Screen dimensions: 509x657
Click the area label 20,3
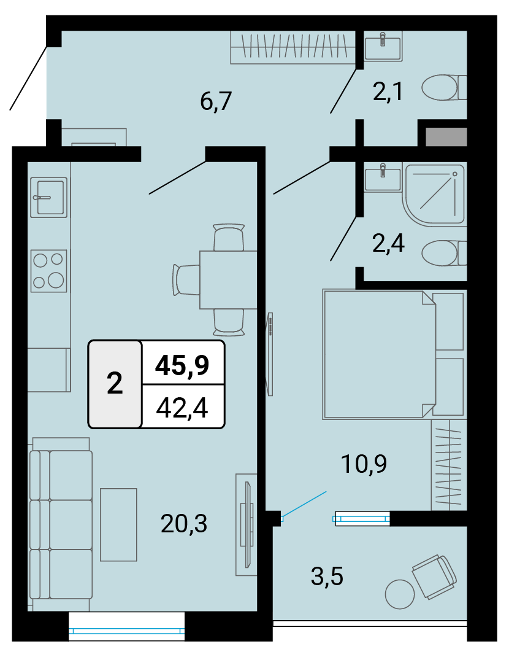(x=184, y=524)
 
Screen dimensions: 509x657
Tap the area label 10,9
(x=364, y=464)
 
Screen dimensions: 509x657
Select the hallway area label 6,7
(x=216, y=101)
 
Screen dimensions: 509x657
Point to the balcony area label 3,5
(x=327, y=576)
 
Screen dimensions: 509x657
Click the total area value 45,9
(x=182, y=365)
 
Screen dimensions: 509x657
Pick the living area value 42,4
(x=182, y=408)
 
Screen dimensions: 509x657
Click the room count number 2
(x=115, y=383)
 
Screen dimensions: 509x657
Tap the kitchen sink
(x=49, y=197)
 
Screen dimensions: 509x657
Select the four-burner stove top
(x=49, y=271)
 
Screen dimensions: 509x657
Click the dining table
(x=228, y=280)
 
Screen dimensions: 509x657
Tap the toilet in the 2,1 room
(x=444, y=88)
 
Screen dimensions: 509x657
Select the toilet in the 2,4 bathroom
(x=444, y=253)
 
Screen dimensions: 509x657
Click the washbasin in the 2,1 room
(x=383, y=46)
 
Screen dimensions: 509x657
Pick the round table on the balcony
(x=400, y=594)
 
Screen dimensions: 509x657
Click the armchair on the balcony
(x=435, y=576)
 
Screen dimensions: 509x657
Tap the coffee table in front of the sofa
(x=118, y=524)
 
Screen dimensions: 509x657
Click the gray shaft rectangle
(x=446, y=137)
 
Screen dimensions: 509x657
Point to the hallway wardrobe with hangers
(x=293, y=47)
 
